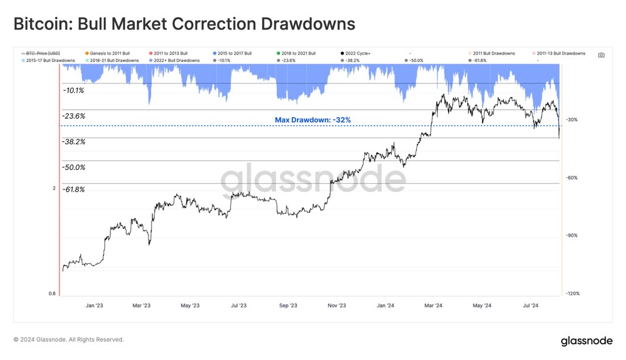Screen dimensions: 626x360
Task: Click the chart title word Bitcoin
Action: tap(43, 24)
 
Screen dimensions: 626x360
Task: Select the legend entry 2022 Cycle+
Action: tap(355, 53)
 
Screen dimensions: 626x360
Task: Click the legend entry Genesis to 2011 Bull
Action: tap(108, 53)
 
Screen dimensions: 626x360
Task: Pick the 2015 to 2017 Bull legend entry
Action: tap(232, 53)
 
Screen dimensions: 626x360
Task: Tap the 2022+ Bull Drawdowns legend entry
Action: tap(174, 61)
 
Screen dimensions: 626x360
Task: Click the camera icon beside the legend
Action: tap(602, 55)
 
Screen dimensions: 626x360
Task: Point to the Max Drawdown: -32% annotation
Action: tap(312, 120)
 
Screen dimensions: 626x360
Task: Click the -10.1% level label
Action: tap(73, 90)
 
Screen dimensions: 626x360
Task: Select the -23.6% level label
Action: tap(73, 116)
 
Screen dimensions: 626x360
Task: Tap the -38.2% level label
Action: tap(73, 142)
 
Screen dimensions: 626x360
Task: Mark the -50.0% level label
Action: tap(73, 167)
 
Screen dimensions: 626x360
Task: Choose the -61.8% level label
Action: tap(73, 189)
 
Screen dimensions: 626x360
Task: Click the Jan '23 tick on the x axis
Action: tap(94, 305)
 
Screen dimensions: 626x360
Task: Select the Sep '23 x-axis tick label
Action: tap(288, 305)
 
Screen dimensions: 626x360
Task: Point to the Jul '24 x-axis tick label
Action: tap(530, 305)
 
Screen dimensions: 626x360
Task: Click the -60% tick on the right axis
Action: tap(572, 177)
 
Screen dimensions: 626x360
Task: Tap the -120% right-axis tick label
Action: tap(573, 293)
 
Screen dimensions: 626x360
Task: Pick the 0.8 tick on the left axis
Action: tap(52, 293)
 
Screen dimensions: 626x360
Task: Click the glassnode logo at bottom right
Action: tap(587, 341)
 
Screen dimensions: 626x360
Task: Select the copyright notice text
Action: tap(69, 340)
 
